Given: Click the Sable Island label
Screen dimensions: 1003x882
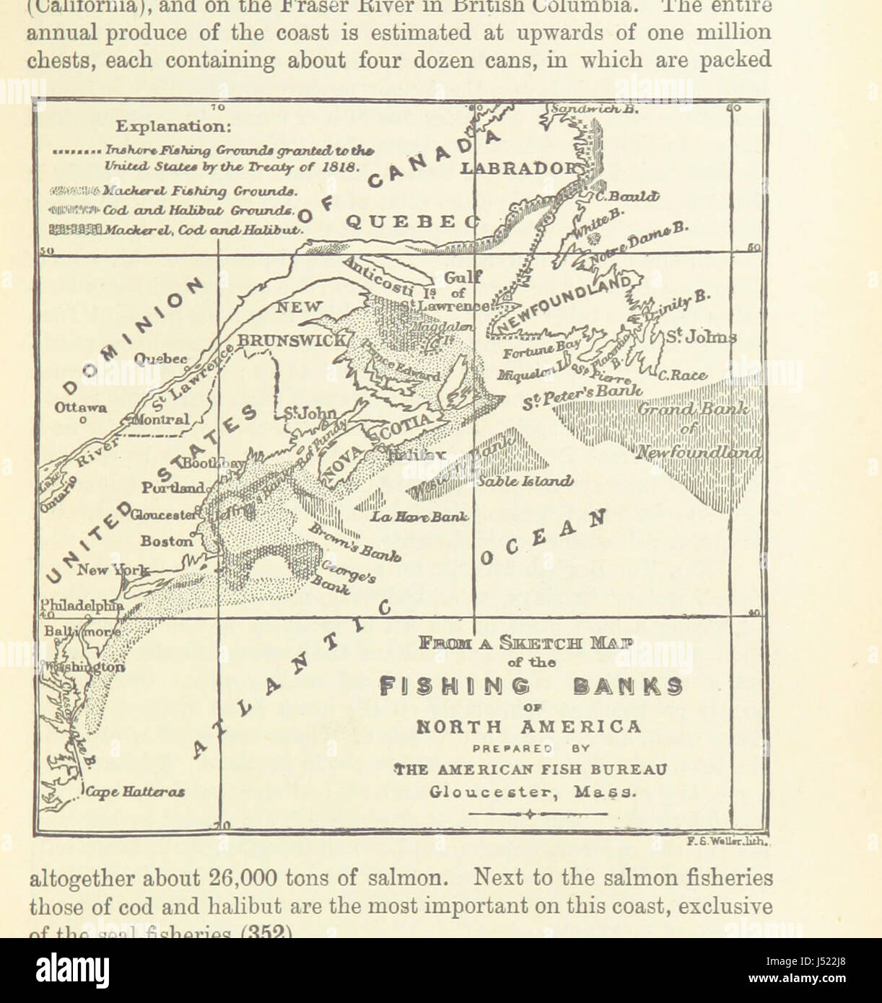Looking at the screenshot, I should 525,481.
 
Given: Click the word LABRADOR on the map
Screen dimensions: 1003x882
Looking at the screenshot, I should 520,168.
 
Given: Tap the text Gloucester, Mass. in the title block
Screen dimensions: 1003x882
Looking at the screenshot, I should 533,791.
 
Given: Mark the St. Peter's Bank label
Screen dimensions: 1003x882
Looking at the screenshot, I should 583,395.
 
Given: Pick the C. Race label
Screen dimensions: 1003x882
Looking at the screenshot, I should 682,375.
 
